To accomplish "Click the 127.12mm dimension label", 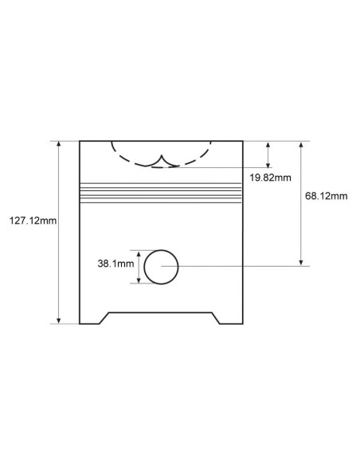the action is point(33,221).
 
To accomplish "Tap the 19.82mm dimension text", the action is point(270,178).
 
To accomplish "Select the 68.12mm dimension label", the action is point(327,196).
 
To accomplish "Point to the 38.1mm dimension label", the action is point(115,264).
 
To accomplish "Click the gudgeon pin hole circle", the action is point(161,250).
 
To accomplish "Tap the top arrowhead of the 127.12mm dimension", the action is point(59,144).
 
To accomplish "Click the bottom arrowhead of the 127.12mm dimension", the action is point(59,321).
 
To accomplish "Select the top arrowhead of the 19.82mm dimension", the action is point(268,145).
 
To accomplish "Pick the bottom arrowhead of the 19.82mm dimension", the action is point(268,165).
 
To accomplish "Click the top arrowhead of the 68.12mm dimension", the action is point(301,145).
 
